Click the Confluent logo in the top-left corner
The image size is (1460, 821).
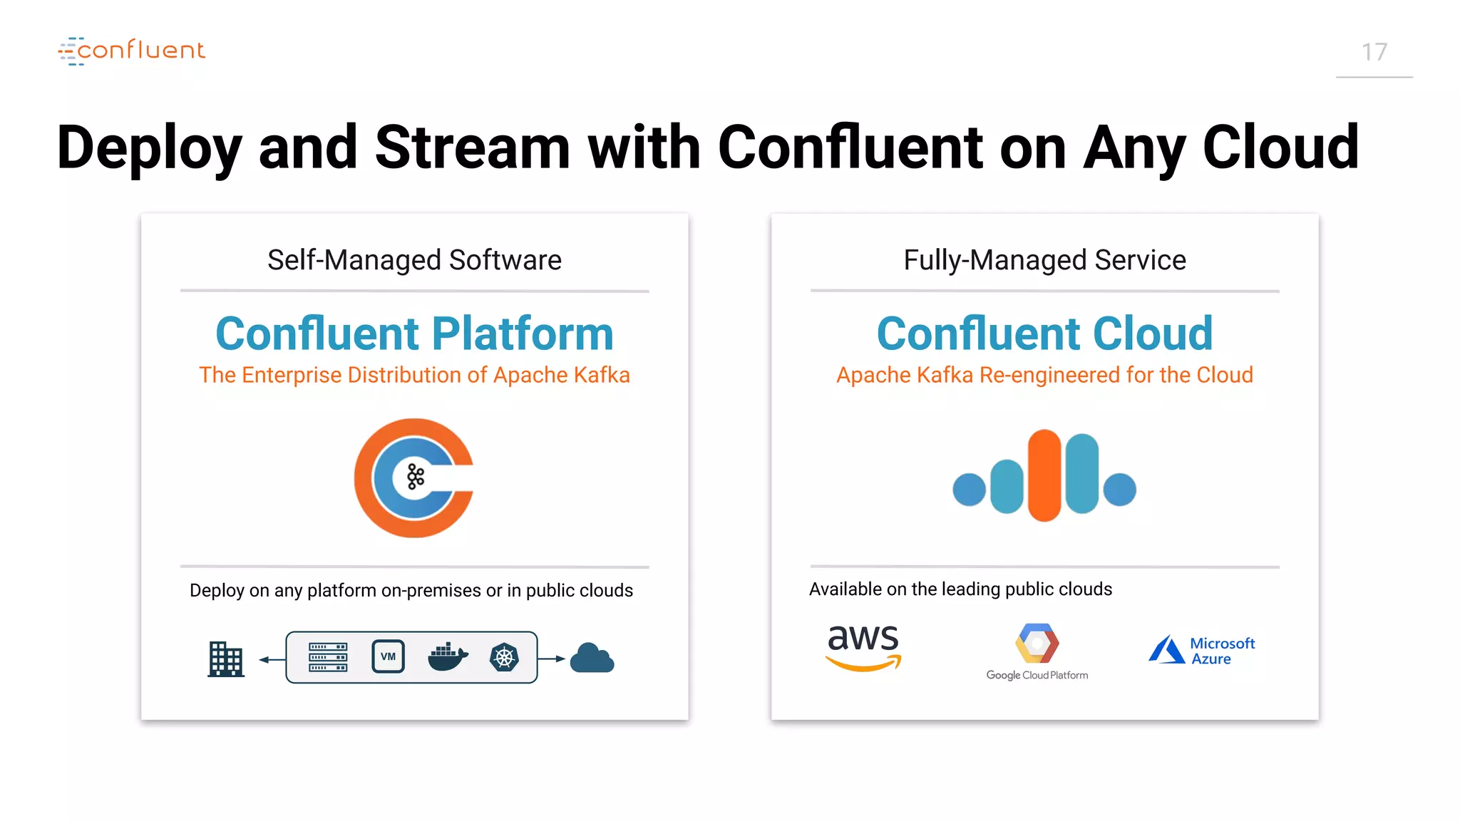[132, 51]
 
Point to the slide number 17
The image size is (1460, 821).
[1374, 52]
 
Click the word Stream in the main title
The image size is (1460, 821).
[473, 148]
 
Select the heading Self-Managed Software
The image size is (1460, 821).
[414, 260]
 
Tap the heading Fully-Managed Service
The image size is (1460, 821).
[1044, 260]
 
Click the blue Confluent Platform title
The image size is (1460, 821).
[414, 334]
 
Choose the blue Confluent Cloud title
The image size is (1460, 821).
[1044, 334]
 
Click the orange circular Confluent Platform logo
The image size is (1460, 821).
[413, 477]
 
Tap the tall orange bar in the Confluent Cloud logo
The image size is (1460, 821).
[1044, 475]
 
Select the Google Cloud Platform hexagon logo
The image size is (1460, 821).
[1037, 644]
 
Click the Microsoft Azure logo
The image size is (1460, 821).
[1202, 650]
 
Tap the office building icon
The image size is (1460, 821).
[226, 659]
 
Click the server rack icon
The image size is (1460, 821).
[328, 657]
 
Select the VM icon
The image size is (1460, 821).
[388, 656]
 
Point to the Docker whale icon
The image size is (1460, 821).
[447, 657]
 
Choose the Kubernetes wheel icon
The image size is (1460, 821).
[504, 657]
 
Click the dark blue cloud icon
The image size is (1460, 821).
[592, 659]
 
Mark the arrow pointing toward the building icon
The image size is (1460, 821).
[272, 659]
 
